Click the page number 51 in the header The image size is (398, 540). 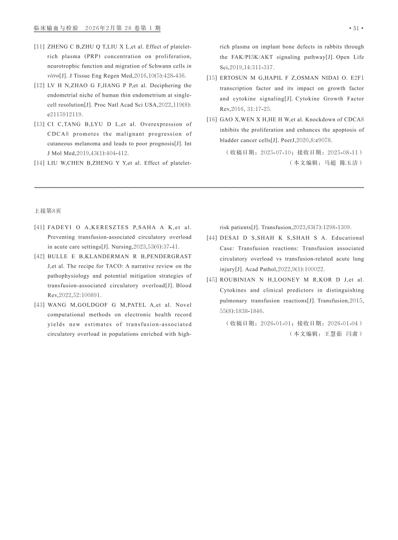pos(356,28)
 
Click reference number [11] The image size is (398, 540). pos(39,47)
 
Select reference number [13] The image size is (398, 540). pos(39,124)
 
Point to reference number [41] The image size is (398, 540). pos(39,228)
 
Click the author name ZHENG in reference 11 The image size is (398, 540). pos(58,47)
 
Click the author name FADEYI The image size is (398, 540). pos(60,228)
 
